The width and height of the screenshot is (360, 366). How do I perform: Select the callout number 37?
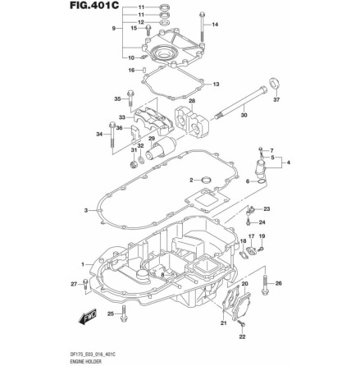[x=276, y=100]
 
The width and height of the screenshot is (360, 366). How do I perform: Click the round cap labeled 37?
[x=275, y=84]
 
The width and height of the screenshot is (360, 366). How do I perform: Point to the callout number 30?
[x=244, y=116]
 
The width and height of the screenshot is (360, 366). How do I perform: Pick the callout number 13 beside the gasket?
[x=216, y=84]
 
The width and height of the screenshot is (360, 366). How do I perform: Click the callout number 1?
[x=82, y=264]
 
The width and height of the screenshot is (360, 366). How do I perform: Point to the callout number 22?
[x=241, y=336]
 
